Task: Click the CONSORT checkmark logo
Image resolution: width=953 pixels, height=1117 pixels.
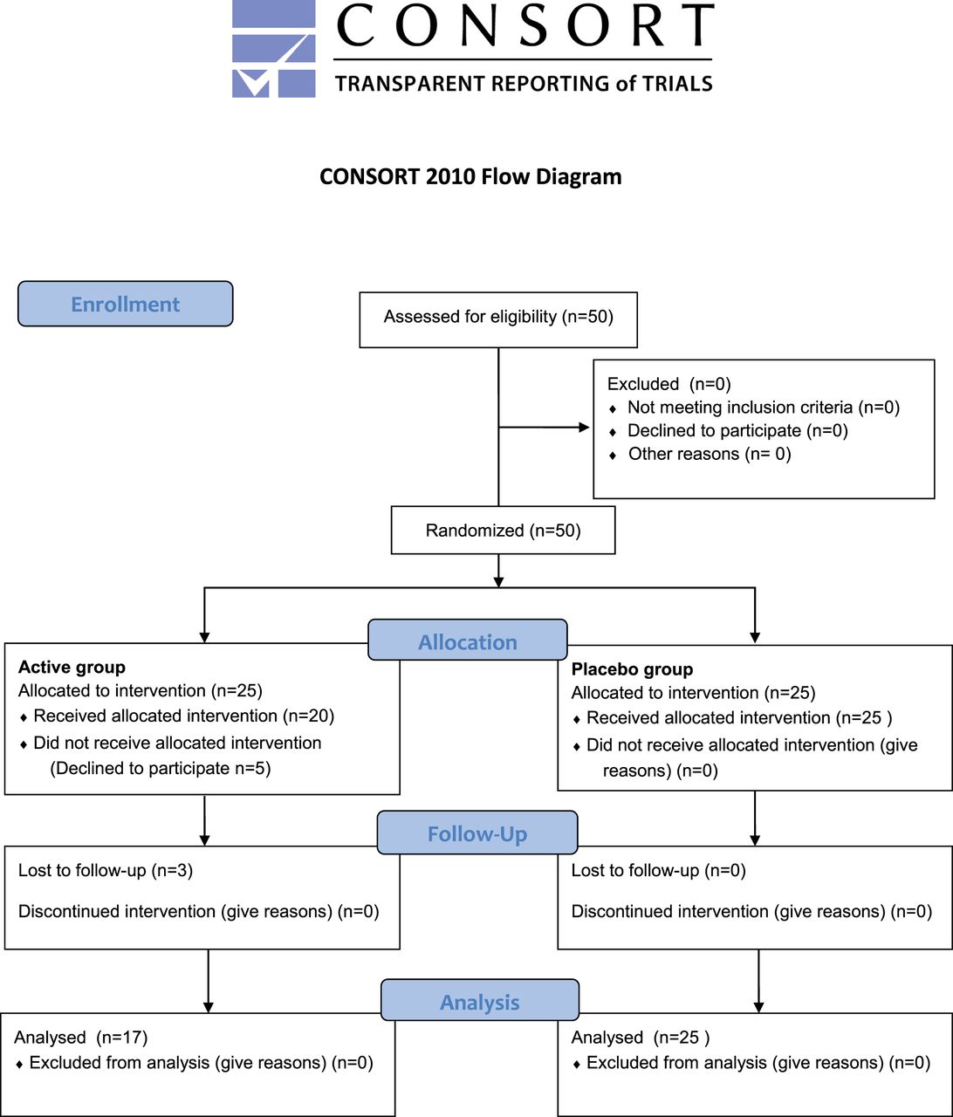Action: (273, 49)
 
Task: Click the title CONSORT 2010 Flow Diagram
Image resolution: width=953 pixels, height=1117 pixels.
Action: (470, 177)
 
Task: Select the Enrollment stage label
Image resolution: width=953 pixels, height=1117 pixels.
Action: (126, 304)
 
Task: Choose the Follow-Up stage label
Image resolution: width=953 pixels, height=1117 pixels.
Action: (477, 833)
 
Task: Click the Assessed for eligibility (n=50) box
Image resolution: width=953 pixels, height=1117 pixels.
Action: (498, 320)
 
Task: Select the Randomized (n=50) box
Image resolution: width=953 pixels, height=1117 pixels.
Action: (504, 530)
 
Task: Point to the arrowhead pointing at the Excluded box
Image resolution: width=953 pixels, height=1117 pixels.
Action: (585, 428)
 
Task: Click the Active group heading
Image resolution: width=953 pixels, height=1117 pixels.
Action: (72, 668)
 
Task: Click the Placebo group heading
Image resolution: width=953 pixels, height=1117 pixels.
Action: (632, 669)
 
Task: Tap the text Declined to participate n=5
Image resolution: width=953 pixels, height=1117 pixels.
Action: (161, 768)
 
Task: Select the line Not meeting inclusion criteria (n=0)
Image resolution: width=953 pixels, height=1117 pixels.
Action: (764, 408)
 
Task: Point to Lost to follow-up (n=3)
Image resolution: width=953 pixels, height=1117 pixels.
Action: (106, 870)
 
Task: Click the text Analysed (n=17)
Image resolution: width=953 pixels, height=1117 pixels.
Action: (80, 1037)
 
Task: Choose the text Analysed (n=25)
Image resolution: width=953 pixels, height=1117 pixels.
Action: (641, 1037)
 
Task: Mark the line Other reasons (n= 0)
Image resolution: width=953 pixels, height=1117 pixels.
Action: (710, 454)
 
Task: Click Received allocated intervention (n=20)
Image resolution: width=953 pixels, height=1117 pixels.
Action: (184, 716)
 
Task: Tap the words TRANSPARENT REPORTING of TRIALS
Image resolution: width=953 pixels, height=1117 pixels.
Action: (524, 84)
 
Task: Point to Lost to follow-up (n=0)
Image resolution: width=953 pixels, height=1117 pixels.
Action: (658, 870)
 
